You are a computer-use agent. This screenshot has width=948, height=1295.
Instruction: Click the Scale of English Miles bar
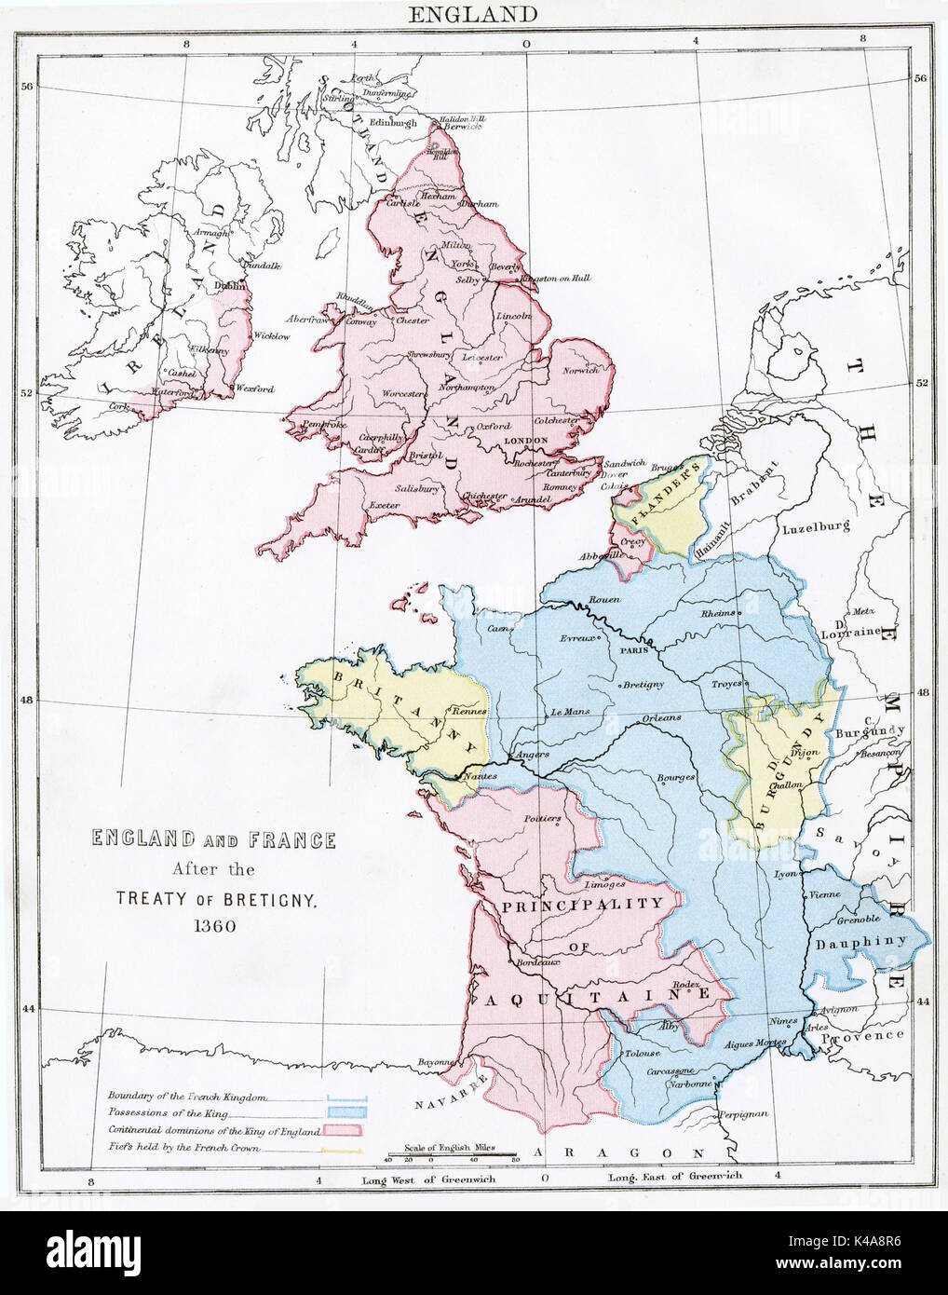click(451, 1157)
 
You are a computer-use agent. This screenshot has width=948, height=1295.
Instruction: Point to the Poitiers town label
click(542, 819)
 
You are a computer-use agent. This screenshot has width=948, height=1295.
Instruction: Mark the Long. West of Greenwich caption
click(424, 1179)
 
